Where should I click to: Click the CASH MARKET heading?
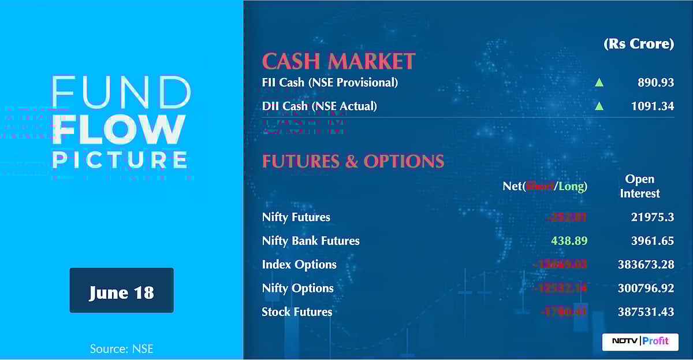(x=338, y=61)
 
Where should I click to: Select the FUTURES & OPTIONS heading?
(x=353, y=161)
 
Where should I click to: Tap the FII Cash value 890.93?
(x=655, y=83)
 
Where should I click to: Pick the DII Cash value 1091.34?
(x=652, y=106)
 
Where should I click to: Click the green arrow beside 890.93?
(x=599, y=83)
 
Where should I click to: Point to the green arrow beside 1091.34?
(x=599, y=106)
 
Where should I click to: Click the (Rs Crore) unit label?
(x=639, y=44)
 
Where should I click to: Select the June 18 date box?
(x=121, y=291)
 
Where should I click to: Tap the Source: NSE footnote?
(x=121, y=349)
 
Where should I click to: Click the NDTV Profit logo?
(x=640, y=341)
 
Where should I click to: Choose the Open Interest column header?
(x=640, y=186)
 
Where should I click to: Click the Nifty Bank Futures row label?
(x=311, y=241)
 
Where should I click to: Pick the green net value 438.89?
(x=569, y=241)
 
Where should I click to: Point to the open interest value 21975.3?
(x=653, y=217)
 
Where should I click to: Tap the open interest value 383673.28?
(x=646, y=265)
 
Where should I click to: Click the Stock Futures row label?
(x=297, y=312)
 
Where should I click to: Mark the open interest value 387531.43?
(x=646, y=312)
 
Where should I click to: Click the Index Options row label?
(x=299, y=265)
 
